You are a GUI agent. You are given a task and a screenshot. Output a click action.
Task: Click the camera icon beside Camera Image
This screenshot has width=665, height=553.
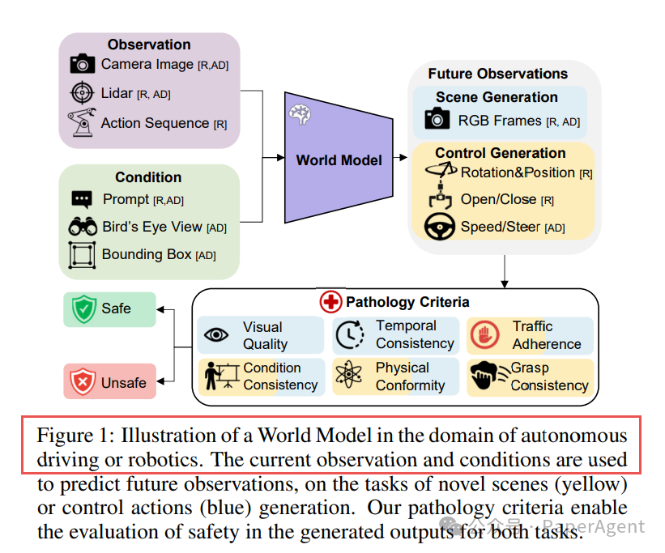point(82,64)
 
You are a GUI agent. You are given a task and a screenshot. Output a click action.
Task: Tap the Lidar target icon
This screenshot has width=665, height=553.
point(82,94)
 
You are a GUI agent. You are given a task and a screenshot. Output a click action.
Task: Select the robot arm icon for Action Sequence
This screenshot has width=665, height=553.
point(81,123)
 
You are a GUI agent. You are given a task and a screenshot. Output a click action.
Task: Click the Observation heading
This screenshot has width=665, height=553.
point(149,45)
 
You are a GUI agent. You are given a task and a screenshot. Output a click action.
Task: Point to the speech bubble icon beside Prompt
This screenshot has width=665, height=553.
point(81,199)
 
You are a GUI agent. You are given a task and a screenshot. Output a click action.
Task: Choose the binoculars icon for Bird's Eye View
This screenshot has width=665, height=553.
point(82,228)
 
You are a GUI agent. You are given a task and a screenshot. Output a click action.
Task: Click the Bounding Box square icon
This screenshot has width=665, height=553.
point(82,254)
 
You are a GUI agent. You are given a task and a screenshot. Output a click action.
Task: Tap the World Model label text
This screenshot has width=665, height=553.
point(339,160)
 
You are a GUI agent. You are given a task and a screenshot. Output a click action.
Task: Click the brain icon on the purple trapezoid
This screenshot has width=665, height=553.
point(301,115)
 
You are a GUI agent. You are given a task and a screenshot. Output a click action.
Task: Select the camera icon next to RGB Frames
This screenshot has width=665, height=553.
point(437,121)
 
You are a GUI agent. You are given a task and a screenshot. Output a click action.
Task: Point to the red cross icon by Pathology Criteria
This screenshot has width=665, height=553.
point(330,303)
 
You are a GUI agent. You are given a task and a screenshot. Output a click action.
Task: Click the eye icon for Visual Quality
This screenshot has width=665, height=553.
point(216,334)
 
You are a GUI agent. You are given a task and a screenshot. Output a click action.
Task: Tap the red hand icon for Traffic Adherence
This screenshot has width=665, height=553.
point(484,334)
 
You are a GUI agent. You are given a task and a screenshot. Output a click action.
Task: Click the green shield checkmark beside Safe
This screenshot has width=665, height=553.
point(83,308)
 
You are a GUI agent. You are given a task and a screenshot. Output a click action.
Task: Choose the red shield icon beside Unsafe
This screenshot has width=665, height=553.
point(83,381)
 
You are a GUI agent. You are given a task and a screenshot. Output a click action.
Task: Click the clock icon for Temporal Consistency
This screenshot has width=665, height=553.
point(351,334)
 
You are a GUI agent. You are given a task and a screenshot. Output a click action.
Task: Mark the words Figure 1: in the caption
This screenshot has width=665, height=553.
point(69,435)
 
